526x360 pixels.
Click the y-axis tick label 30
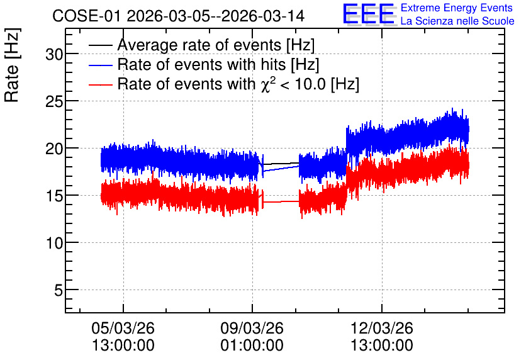click(54, 53)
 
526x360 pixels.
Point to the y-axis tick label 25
click(54, 101)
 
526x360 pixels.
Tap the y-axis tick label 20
click(54, 149)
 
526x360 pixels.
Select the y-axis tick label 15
click(54, 196)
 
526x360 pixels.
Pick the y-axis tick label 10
click(54, 243)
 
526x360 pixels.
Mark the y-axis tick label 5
click(59, 290)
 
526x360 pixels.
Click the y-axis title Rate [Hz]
click(12, 65)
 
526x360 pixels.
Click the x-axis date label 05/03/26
click(123, 328)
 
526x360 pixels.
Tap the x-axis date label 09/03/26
click(252, 328)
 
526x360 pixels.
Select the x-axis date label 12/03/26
click(382, 328)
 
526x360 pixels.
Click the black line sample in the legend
click(100, 45)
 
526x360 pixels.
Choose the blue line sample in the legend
click(100, 65)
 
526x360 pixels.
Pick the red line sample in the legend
click(100, 84)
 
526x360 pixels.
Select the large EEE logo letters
click(368, 14)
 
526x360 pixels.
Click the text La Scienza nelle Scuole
click(457, 21)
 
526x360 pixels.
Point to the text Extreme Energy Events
click(457, 8)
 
